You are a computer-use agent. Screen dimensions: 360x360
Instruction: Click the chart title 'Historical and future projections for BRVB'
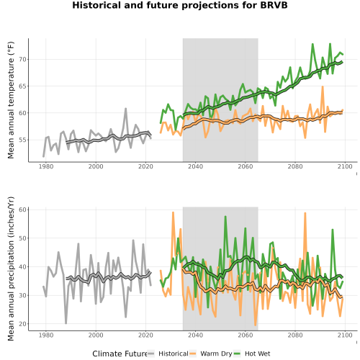tap(180, 5)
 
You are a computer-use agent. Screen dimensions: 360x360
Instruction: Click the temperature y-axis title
tap(11, 100)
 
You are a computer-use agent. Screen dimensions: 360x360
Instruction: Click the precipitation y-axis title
tap(11, 269)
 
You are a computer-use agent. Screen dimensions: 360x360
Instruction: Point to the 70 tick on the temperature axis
tap(23, 59)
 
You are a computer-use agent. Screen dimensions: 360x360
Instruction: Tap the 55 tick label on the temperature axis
tap(23, 140)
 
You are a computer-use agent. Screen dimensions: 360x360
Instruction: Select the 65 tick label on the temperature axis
tap(23, 86)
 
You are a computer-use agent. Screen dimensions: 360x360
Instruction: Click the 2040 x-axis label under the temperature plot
tap(195, 166)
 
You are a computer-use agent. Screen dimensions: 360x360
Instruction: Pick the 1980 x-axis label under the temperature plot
tap(46, 166)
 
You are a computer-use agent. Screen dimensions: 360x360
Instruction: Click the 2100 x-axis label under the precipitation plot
tap(345, 335)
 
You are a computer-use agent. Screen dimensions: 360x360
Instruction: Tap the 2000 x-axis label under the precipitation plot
tap(96, 335)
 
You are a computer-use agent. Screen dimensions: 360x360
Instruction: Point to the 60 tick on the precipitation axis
tap(23, 210)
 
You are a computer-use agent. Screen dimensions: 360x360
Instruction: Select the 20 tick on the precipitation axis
tap(23, 324)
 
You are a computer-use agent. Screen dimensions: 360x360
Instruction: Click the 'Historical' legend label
tap(174, 354)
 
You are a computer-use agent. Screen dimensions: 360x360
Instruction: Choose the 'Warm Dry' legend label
tap(216, 354)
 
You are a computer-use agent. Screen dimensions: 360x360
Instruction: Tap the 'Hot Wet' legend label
tap(257, 354)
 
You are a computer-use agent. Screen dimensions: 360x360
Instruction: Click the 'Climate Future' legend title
tap(120, 354)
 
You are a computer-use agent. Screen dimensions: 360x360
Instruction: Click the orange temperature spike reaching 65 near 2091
tap(323, 86)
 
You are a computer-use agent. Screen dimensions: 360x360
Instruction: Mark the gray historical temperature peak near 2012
tap(125, 109)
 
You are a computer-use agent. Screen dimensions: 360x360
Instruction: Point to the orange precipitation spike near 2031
tap(173, 212)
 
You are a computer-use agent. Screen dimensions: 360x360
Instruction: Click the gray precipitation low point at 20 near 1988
tap(66, 323)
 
